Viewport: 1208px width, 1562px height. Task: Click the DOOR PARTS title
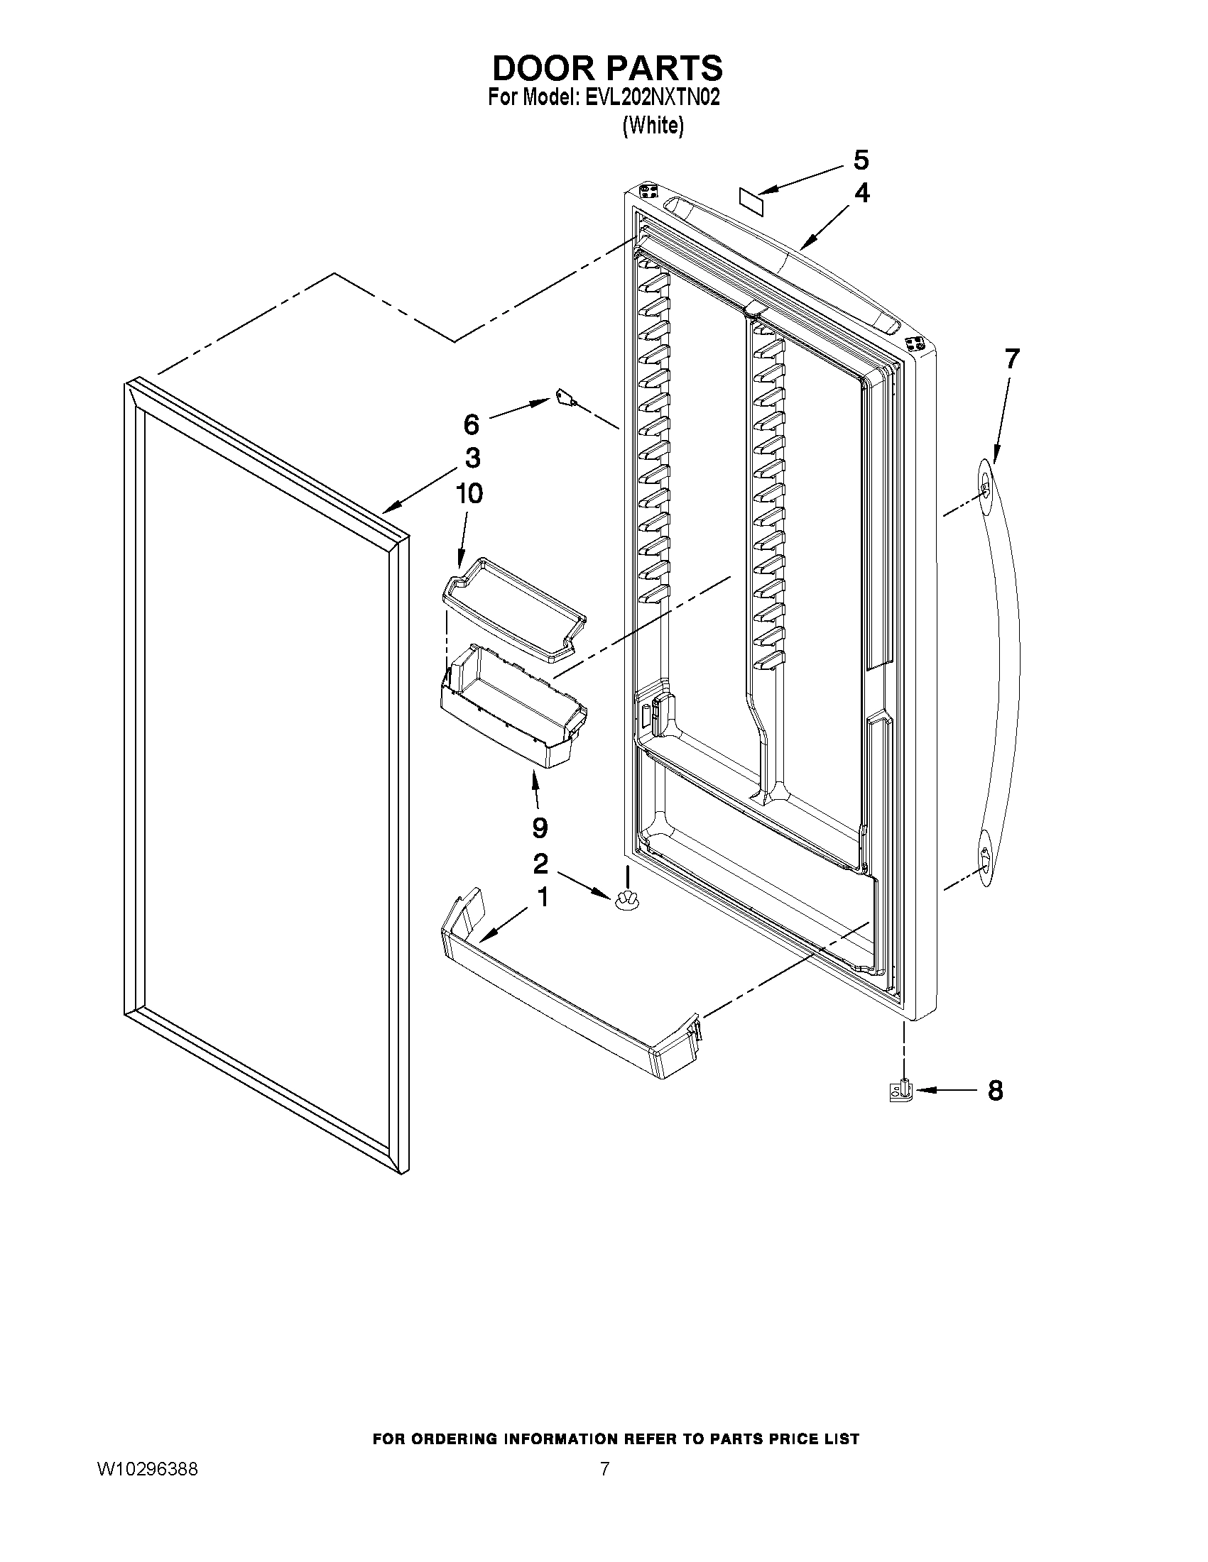(607, 68)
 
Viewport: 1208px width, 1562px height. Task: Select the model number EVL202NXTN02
(651, 98)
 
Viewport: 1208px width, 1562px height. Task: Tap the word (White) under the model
(653, 126)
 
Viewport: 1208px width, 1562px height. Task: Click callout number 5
(861, 160)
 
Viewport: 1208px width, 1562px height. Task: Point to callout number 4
(862, 193)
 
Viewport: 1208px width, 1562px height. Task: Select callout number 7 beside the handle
(1011, 358)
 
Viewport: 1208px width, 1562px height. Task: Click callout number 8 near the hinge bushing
(995, 1091)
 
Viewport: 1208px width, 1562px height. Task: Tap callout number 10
(469, 493)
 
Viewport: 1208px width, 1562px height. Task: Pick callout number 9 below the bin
(540, 828)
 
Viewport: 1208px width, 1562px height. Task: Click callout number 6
(471, 425)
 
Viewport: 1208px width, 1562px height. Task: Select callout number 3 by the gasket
(472, 458)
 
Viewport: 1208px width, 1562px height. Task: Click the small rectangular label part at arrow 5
(749, 197)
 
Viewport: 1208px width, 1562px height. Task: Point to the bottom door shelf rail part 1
(565, 1001)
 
